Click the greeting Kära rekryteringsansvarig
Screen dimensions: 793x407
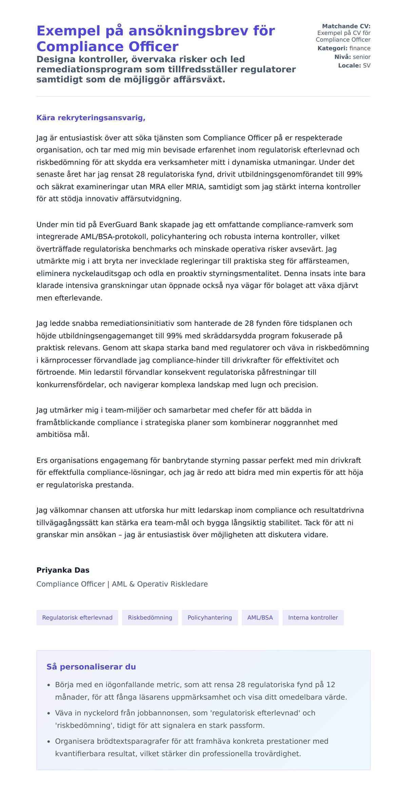click(x=91, y=118)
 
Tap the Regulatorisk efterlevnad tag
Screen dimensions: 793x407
click(x=77, y=617)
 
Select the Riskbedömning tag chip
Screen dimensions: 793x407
click(x=150, y=617)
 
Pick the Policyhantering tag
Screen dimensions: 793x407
click(x=210, y=617)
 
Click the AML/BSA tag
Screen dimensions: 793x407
click(x=260, y=617)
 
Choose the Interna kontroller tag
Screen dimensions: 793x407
click(x=313, y=617)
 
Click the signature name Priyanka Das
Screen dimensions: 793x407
click(x=63, y=570)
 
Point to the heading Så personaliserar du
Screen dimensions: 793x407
click(x=91, y=667)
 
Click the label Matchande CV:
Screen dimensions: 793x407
click(x=346, y=26)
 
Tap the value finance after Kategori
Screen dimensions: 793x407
click(x=360, y=48)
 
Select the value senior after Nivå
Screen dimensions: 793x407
click(x=362, y=57)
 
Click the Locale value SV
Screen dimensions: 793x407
click(x=367, y=66)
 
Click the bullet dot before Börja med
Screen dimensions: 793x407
click(x=49, y=685)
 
